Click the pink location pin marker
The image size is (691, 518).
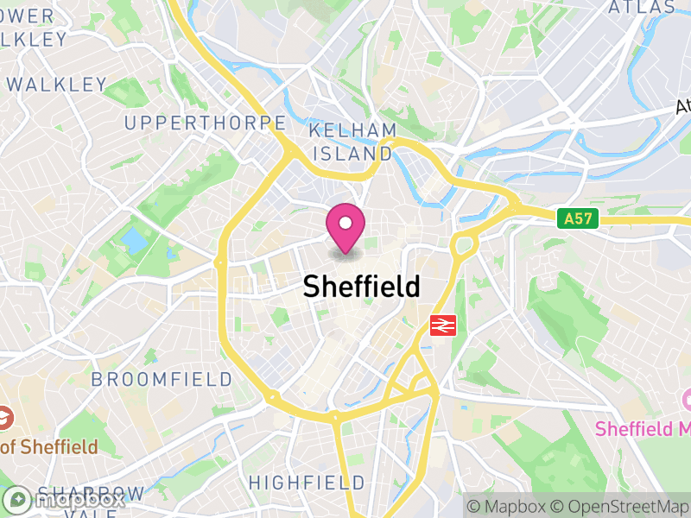point(345,227)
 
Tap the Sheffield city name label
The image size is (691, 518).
point(361,287)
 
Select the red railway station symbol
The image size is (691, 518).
point(442,325)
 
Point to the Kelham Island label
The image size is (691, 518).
point(352,142)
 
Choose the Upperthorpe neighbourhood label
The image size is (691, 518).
point(205,123)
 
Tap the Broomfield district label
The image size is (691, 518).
point(162,380)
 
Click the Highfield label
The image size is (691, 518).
point(307,482)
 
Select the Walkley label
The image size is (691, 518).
point(57,85)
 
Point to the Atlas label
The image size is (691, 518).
point(641,7)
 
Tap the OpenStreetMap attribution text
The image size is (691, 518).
point(618,506)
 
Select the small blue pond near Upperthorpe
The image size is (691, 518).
point(135,240)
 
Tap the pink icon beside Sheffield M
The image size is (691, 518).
point(688,400)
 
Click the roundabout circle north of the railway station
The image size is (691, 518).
point(464,245)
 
